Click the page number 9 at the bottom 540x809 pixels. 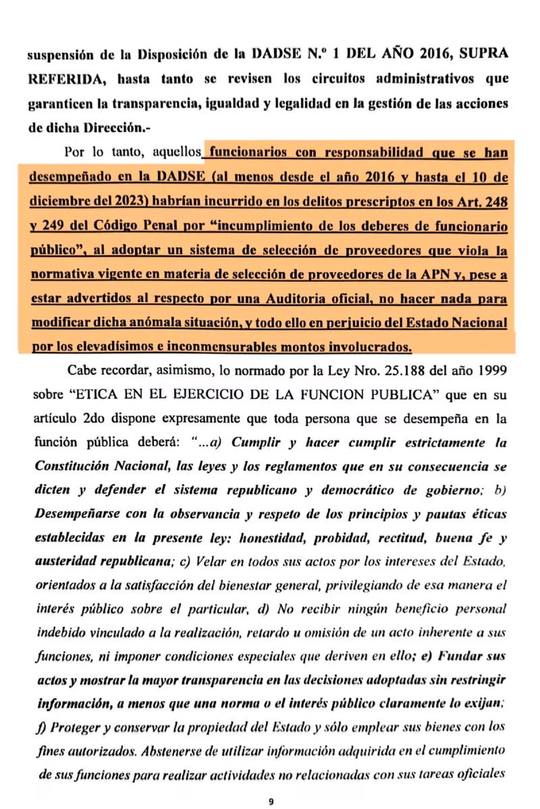(270, 782)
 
